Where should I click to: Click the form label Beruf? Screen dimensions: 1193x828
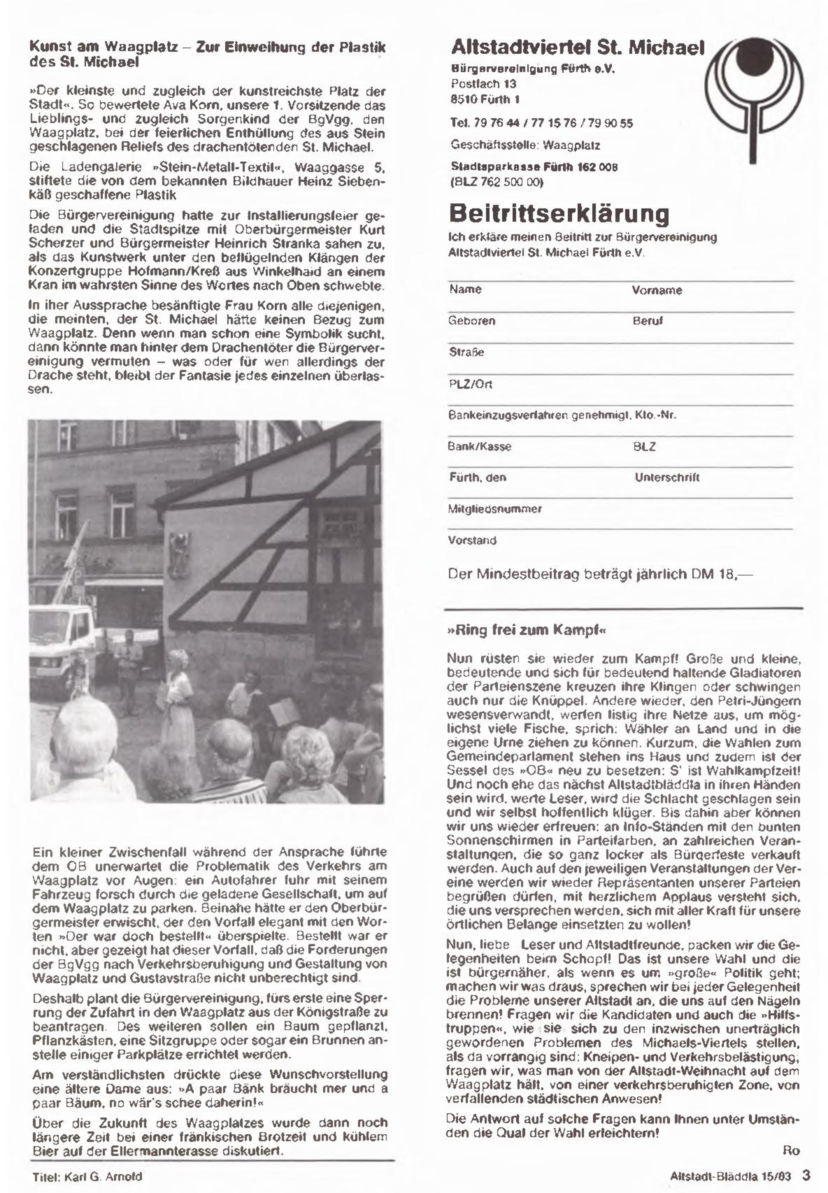[647, 321]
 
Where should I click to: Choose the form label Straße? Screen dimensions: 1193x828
[467, 353]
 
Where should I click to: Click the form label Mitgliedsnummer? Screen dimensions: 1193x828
[494, 509]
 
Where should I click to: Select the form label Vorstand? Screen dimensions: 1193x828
[472, 541]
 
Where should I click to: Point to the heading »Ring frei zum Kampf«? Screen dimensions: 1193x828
[526, 630]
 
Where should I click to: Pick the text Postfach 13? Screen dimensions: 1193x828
[483, 84]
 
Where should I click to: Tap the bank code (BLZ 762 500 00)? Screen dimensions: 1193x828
[496, 182]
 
